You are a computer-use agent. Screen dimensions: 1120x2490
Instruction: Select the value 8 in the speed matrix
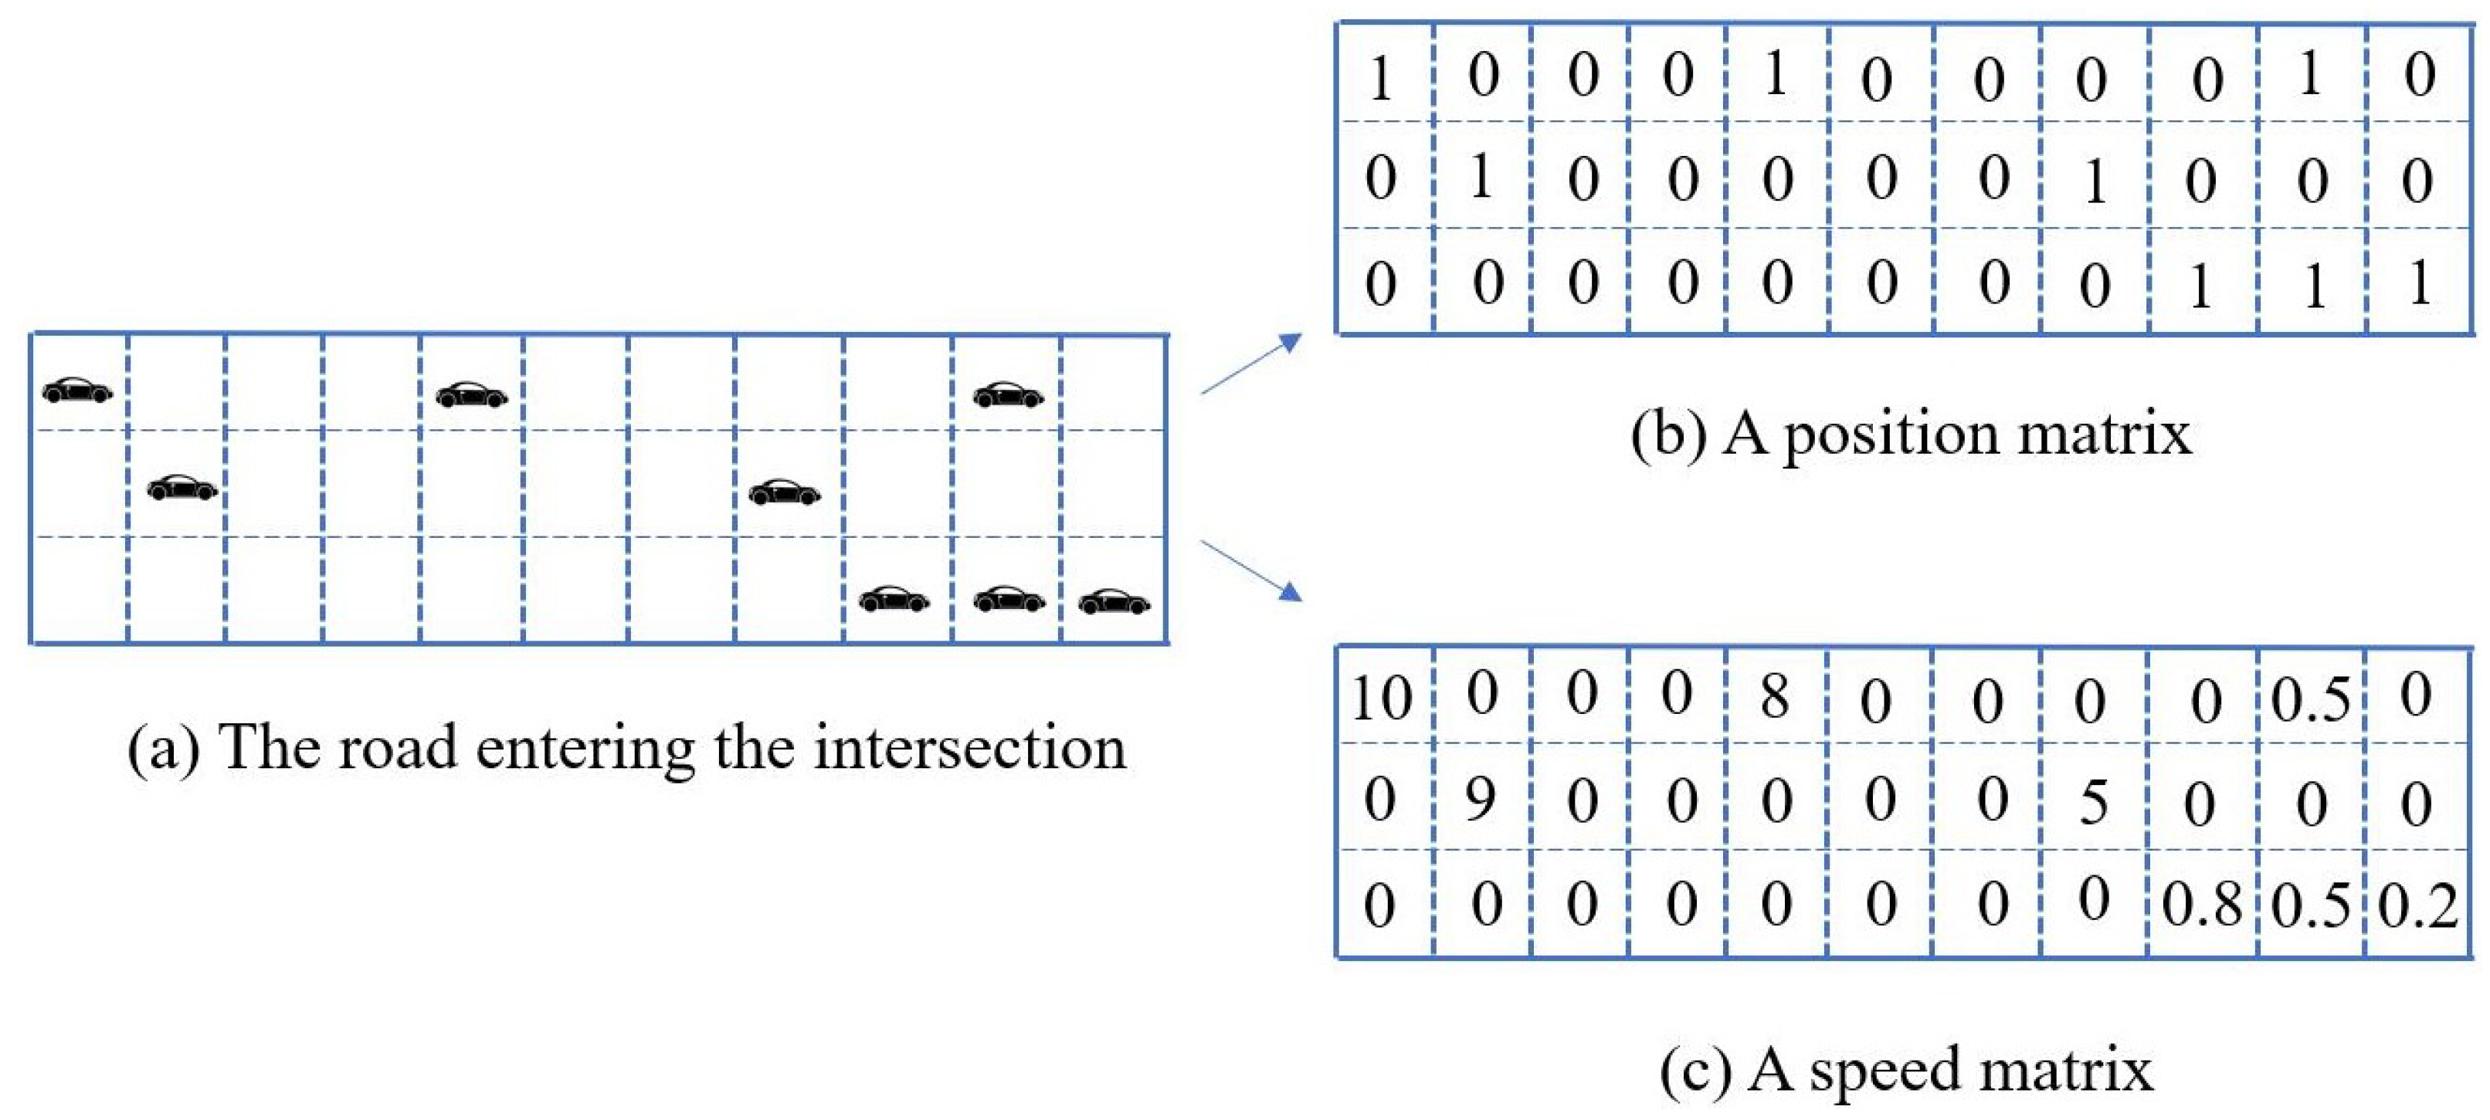coord(1775,695)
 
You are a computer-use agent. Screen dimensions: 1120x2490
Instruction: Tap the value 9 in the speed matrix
coord(1480,799)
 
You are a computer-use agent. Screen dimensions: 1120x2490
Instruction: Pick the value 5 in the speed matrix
coord(2093,801)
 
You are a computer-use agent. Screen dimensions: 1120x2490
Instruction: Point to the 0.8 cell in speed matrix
coord(2201,905)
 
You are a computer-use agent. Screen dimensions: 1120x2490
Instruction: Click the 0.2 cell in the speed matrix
coord(2417,906)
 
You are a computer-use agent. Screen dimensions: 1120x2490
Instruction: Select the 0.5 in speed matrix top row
coord(2309,699)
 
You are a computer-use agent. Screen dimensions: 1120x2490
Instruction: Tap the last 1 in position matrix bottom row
coord(2418,284)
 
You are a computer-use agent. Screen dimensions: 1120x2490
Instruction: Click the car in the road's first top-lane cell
coord(77,391)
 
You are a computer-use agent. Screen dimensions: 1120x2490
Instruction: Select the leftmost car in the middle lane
coord(181,488)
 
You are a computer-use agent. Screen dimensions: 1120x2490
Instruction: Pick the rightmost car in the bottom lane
coord(1114,602)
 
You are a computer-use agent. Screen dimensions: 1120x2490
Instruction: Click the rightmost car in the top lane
coord(1007,394)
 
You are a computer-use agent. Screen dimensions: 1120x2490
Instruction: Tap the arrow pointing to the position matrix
coord(1253,364)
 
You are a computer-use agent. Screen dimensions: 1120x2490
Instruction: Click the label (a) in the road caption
coord(162,748)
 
